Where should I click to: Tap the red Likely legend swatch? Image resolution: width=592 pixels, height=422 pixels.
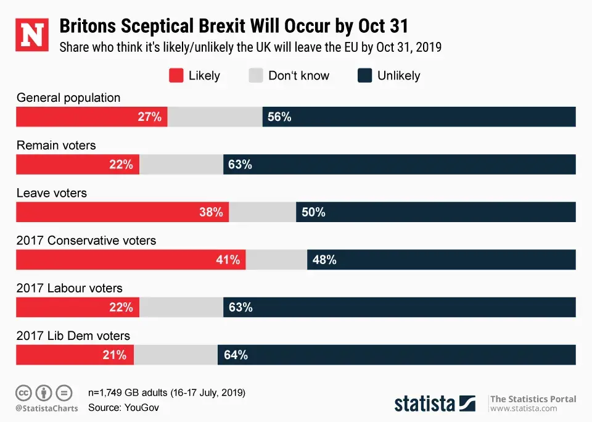pyautogui.click(x=176, y=76)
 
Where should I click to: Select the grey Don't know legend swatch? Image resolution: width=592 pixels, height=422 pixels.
pyautogui.click(x=255, y=76)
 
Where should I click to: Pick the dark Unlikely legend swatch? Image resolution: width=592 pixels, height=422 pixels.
pyautogui.click(x=364, y=76)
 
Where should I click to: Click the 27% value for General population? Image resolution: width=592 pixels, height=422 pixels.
pyautogui.click(x=149, y=117)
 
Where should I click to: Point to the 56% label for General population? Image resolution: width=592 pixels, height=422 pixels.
pyautogui.click(x=279, y=117)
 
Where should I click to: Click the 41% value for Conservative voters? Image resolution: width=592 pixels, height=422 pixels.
pyautogui.click(x=228, y=260)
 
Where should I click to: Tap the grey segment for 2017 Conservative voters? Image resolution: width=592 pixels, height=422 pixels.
pyautogui.click(x=276, y=260)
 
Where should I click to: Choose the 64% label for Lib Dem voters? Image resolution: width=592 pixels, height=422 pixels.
pyautogui.click(x=236, y=355)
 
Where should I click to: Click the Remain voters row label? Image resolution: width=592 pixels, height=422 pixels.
pyautogui.click(x=56, y=146)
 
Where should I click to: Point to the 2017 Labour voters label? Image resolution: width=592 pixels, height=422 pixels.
pyautogui.click(x=69, y=288)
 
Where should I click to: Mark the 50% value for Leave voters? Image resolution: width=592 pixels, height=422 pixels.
pyautogui.click(x=313, y=212)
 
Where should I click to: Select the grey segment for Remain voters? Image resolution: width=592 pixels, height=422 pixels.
pyautogui.click(x=181, y=165)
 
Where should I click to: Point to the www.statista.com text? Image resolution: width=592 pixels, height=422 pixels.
pyautogui.click(x=524, y=408)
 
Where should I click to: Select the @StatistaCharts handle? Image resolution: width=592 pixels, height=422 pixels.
pyautogui.click(x=47, y=408)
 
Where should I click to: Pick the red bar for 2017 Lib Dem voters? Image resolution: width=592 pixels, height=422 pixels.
pyautogui.click(x=75, y=355)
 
